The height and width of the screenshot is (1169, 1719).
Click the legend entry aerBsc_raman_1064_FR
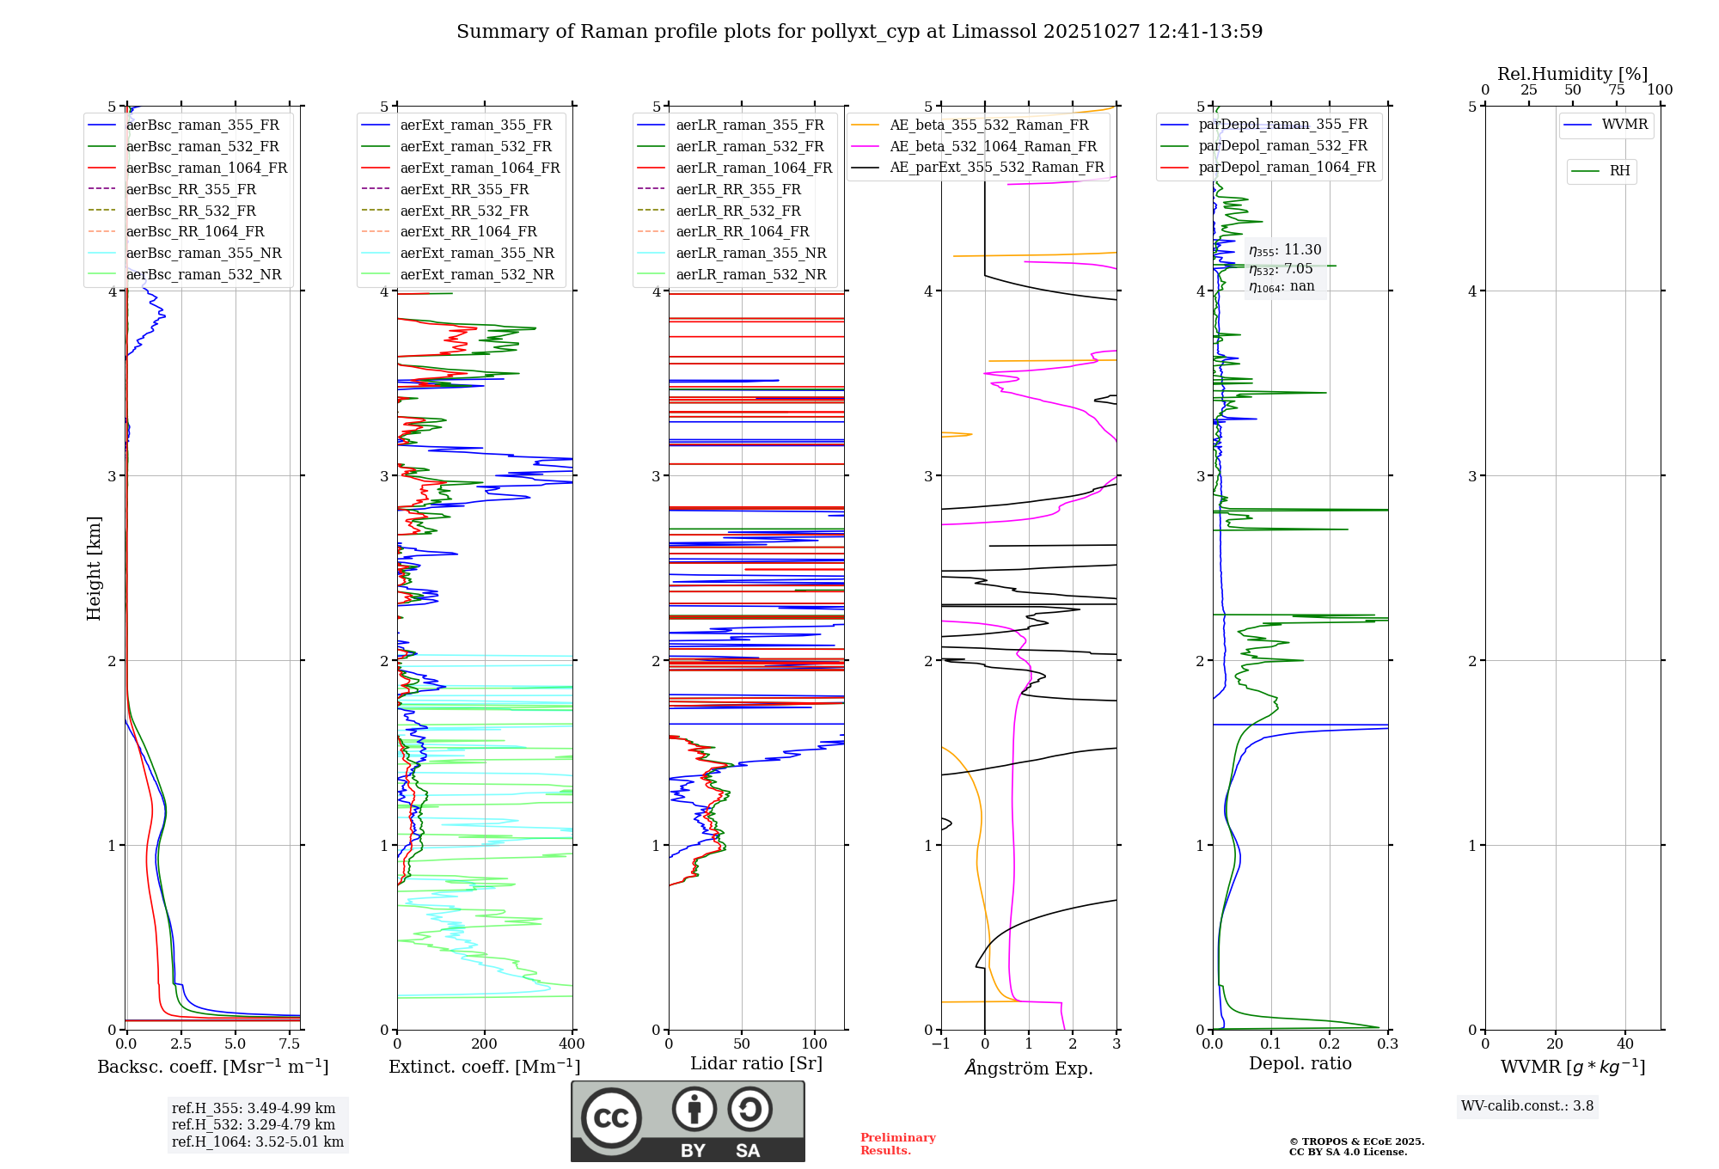pos(206,168)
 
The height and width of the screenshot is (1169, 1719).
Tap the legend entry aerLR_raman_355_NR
pos(750,253)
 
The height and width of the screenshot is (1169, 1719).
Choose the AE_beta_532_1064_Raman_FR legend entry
pos(993,146)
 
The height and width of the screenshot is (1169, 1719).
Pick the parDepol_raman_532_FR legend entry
pos(1282,145)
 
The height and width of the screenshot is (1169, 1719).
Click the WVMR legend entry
pos(1624,125)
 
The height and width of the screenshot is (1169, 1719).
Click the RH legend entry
pos(1619,171)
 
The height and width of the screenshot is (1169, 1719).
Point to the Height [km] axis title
pos(94,568)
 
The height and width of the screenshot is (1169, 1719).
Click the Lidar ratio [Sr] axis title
pos(756,1063)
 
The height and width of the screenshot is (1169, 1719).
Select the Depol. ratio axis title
pos(1300,1063)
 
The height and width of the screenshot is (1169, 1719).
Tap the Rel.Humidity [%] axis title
pos(1572,74)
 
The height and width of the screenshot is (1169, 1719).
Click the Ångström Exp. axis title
pos(1029,1068)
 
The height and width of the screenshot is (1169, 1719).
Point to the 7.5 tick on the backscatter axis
pos(290,1044)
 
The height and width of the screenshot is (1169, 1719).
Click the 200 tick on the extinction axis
pos(485,1044)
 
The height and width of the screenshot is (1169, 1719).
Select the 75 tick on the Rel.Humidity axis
pos(1615,90)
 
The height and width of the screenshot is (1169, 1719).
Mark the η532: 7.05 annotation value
pos(1281,268)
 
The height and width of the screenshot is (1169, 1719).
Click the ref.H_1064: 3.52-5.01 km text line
pos(258,1141)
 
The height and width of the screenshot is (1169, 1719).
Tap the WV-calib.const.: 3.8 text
pos(1527,1106)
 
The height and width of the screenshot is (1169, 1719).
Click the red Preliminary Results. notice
pos(898,1144)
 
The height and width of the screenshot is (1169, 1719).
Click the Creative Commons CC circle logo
pos(611,1118)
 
